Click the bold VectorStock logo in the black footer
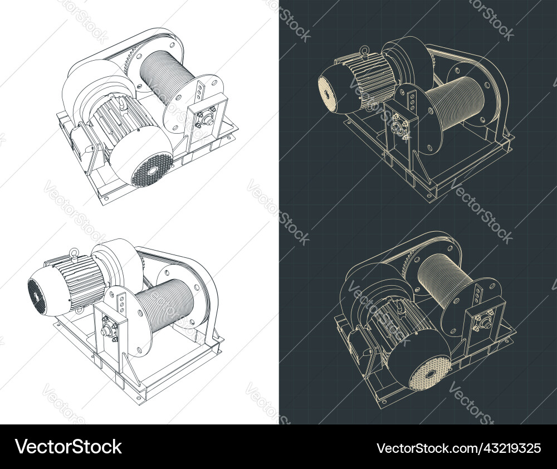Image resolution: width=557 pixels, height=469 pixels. pyautogui.click(x=69, y=447)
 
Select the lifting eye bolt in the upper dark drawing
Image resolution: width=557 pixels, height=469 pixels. pyautogui.click(x=364, y=50)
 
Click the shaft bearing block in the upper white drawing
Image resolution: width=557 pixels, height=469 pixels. pyautogui.click(x=207, y=118)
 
